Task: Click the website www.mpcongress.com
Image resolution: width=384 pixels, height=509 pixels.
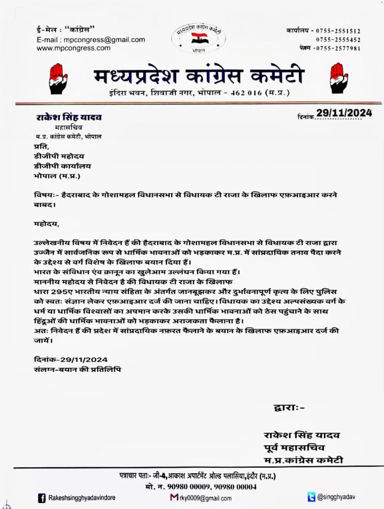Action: pos(74,48)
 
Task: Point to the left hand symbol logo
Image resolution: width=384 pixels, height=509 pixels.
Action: pos(59,79)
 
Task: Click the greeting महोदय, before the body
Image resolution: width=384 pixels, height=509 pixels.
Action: pos(43,224)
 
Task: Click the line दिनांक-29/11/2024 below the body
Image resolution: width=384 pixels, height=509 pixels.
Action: pos(68,359)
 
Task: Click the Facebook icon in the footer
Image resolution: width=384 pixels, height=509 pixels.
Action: pos(42,498)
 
